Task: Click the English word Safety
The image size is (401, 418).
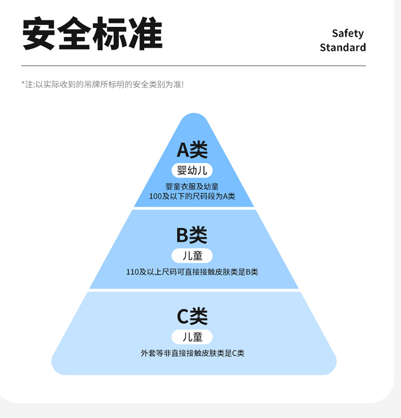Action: click(x=348, y=33)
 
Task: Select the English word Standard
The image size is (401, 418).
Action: click(x=343, y=48)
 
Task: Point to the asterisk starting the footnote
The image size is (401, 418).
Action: click(x=24, y=83)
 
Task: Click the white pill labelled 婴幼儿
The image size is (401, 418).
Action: click(x=192, y=171)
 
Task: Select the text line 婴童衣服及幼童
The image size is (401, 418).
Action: click(x=192, y=187)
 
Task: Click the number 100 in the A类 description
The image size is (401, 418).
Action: click(x=156, y=196)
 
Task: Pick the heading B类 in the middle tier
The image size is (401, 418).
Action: click(x=191, y=235)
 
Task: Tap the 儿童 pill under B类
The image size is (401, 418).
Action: click(x=192, y=256)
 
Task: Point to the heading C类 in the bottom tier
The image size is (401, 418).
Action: click(x=192, y=316)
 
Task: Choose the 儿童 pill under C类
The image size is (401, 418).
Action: click(x=192, y=337)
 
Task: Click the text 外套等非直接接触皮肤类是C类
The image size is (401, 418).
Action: click(x=192, y=353)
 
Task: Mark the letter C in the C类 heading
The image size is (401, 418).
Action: click(x=183, y=316)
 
